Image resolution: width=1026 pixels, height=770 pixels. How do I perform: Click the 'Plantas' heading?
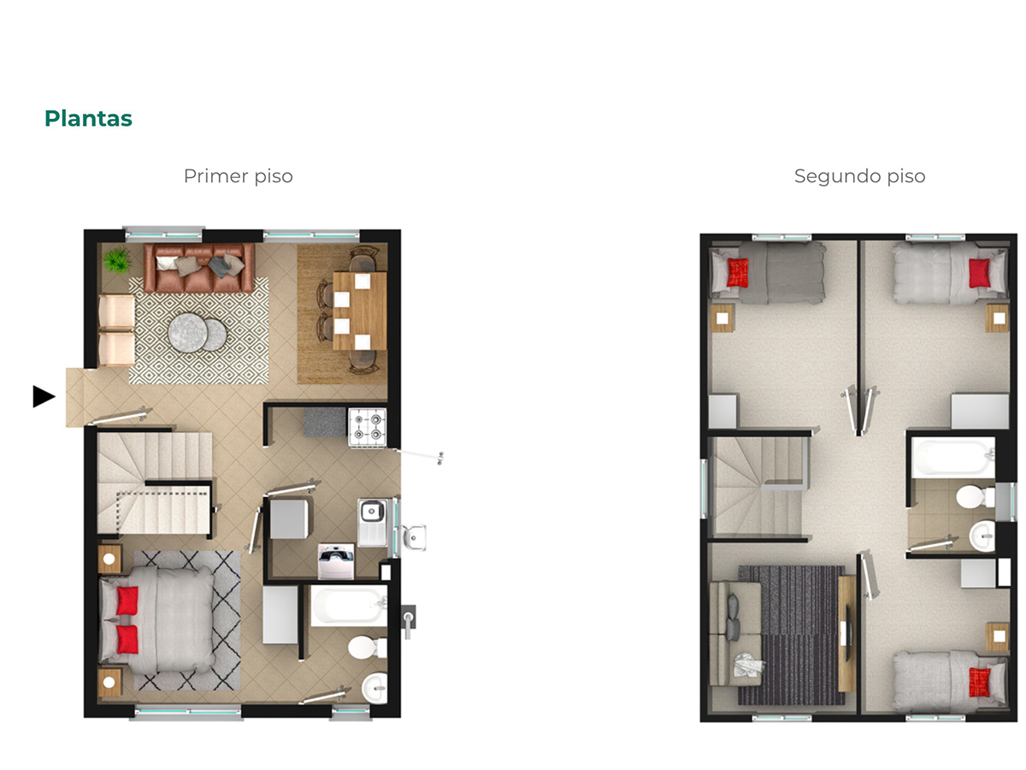pos(88,118)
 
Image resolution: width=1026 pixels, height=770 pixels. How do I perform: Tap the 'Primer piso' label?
pos(238,176)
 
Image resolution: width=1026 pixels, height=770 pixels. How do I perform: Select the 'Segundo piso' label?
pos(859,176)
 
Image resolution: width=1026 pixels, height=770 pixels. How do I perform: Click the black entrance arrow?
pos(44,396)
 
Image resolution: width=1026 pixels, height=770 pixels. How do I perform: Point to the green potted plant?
pos(117,260)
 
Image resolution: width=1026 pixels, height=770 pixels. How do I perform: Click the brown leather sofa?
pos(199,268)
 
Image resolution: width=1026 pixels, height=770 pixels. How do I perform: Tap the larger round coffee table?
pos(188,333)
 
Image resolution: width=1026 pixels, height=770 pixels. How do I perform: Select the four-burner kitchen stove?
pos(368,427)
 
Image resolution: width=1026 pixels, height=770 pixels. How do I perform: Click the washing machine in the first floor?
pos(336,561)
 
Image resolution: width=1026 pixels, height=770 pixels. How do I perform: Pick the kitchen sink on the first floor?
pos(372,522)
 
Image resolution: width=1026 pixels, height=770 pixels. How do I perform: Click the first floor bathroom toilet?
pos(367,648)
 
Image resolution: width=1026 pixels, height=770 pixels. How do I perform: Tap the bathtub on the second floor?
pos(953,457)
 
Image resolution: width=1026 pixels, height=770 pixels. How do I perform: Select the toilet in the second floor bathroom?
pos(975,497)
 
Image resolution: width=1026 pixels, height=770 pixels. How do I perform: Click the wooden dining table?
pos(359,311)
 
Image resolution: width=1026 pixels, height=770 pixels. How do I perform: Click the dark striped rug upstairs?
pos(791,636)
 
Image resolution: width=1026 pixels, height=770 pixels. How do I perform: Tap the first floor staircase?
pos(154,483)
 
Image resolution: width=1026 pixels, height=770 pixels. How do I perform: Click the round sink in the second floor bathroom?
pos(982,536)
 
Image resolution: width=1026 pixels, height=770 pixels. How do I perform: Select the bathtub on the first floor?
pos(349,606)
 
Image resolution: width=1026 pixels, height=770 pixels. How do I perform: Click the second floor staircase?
pos(758,486)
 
